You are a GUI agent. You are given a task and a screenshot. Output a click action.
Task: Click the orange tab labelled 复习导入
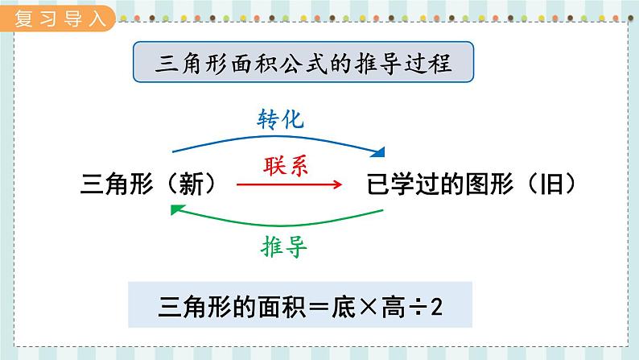(60, 18)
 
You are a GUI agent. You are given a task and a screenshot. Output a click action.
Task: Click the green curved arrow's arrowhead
(175, 209)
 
